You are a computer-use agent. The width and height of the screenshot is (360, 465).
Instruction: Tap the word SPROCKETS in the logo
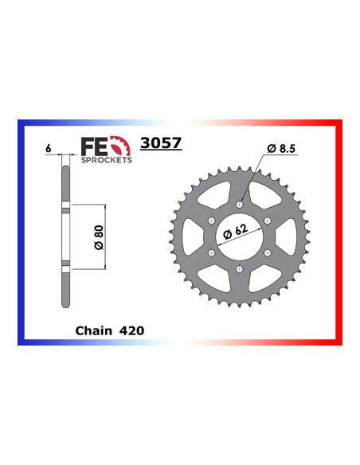(x=107, y=158)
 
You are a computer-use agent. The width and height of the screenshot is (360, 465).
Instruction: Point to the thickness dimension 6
(x=49, y=149)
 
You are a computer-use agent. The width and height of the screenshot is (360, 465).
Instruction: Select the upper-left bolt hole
(x=211, y=222)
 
